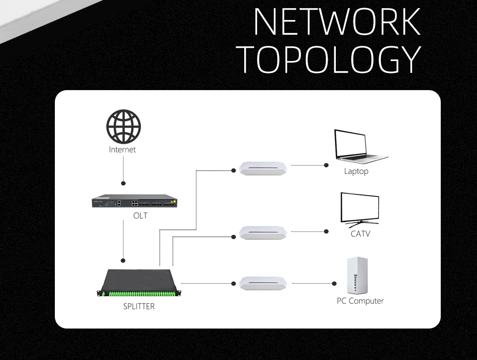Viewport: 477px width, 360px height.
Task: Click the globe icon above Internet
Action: click(123, 126)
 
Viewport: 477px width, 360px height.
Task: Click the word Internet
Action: click(123, 150)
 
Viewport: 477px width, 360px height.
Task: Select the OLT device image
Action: click(135, 202)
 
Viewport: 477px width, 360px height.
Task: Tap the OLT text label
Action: click(140, 216)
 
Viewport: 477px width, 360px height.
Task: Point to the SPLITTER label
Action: click(139, 307)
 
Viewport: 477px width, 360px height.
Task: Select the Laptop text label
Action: click(356, 171)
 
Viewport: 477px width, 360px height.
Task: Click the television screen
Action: click(360, 208)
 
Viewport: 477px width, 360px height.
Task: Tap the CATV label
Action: click(360, 234)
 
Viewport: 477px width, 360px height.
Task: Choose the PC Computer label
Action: click(360, 301)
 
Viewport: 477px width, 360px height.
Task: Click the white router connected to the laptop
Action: click(264, 168)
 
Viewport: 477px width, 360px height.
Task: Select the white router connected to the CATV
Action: click(264, 233)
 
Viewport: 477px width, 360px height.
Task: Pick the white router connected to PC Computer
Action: click(264, 283)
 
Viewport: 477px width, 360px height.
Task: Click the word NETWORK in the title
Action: click(337, 21)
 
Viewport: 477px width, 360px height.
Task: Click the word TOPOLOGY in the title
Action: click(329, 59)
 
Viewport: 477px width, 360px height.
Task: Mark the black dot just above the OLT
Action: click(124, 183)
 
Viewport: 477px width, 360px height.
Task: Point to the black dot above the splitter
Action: click(123, 260)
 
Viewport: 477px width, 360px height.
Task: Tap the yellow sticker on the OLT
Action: click(174, 202)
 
